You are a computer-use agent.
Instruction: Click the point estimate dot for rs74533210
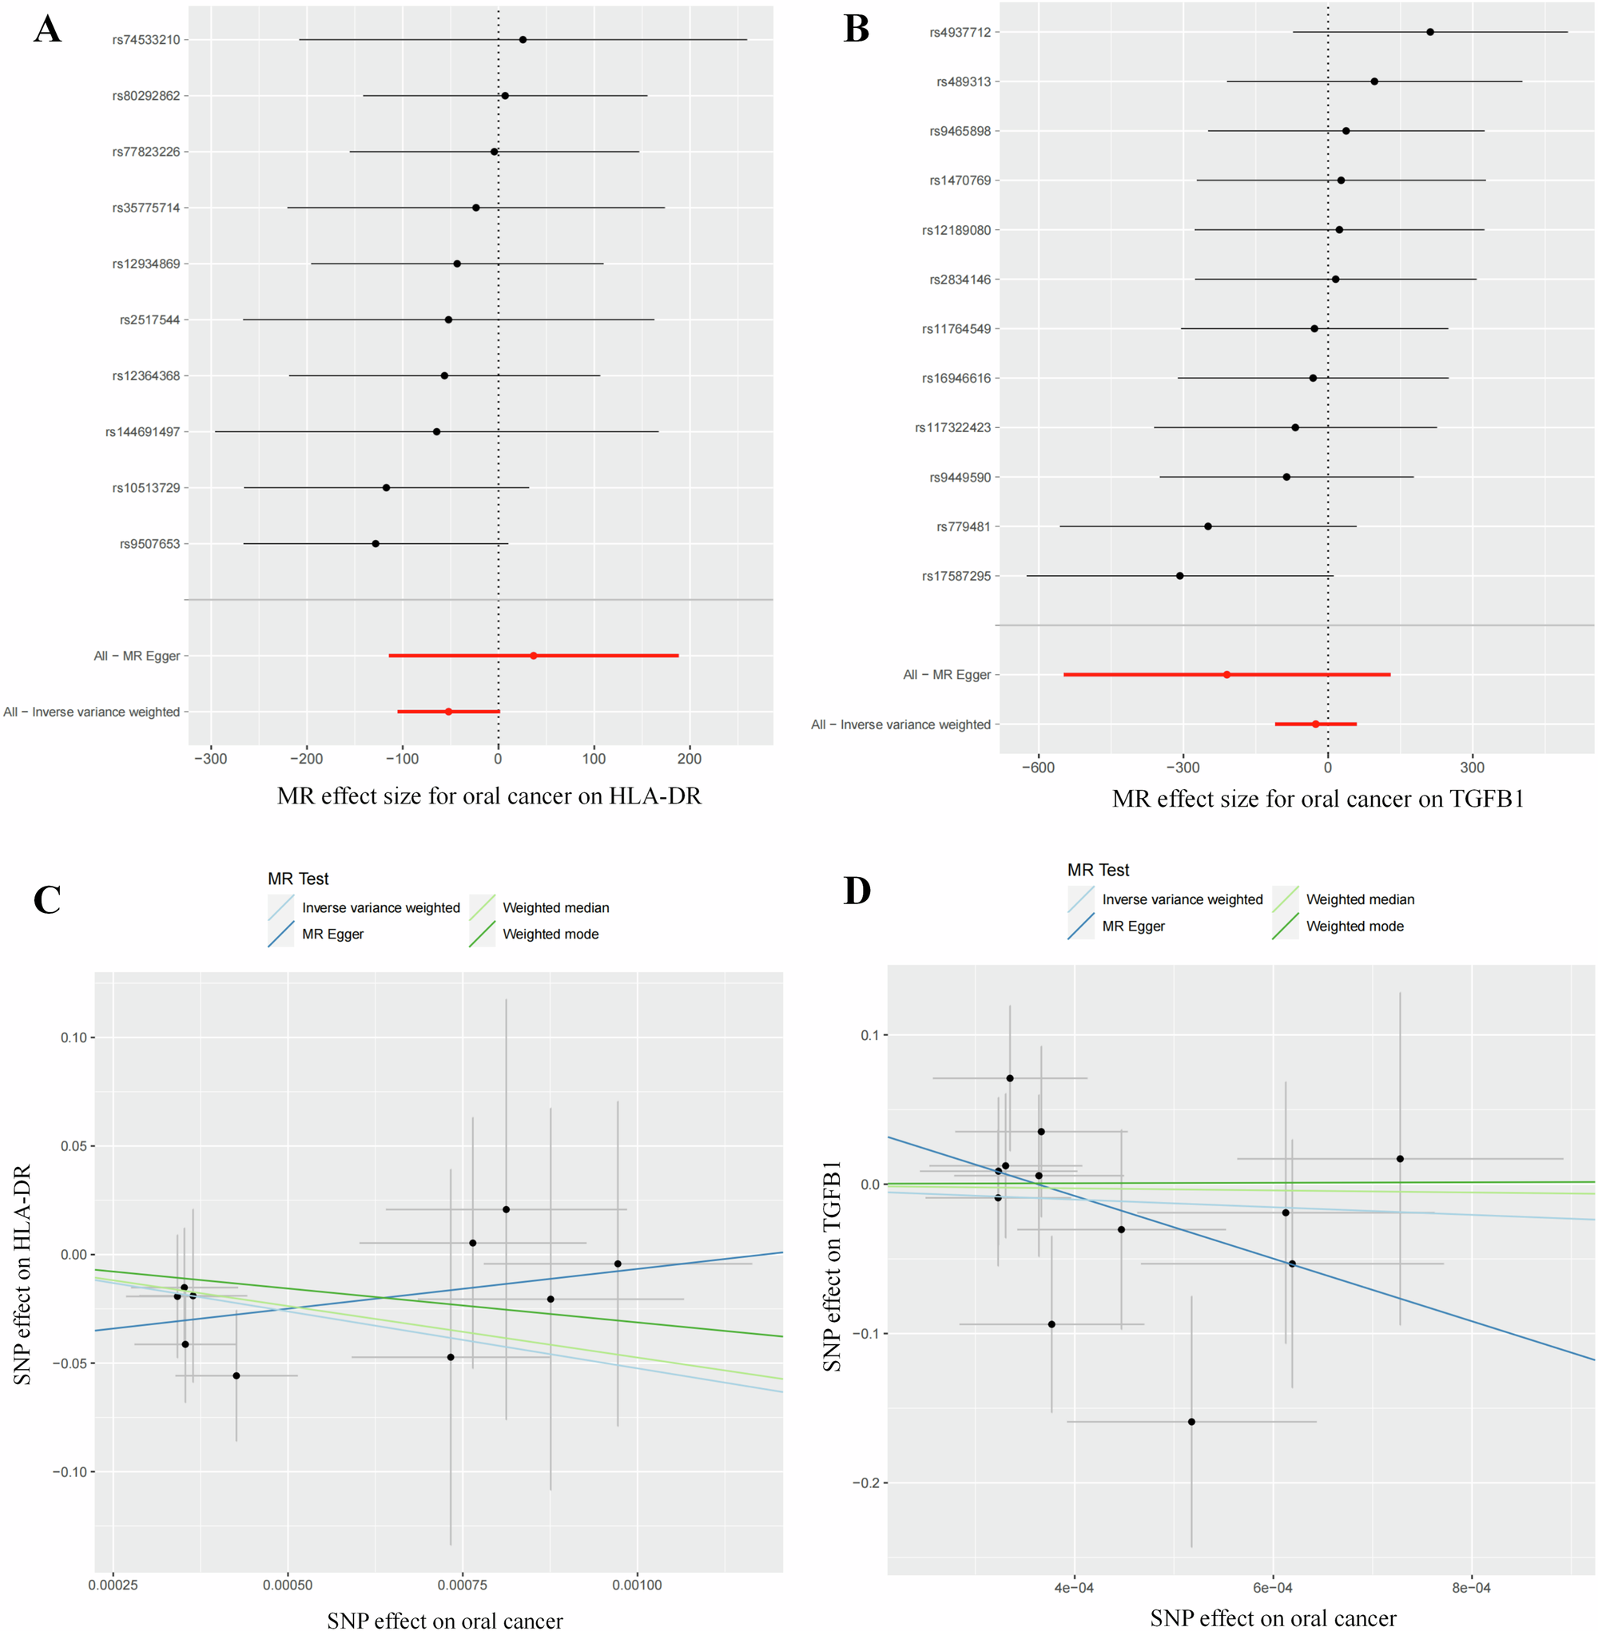[x=523, y=39]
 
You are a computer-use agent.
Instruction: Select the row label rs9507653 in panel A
[x=149, y=544]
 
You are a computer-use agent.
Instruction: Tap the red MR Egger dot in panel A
[x=534, y=655]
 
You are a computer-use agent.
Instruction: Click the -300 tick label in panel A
[x=211, y=759]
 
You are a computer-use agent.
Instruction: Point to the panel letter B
[x=856, y=29]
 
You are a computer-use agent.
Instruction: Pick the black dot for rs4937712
[x=1430, y=32]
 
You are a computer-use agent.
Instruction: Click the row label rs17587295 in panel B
[x=956, y=577]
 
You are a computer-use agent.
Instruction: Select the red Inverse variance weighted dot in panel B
[x=1315, y=724]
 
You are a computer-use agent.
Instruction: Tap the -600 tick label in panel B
[x=1037, y=767]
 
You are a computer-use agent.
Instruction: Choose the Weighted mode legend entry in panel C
[x=550, y=934]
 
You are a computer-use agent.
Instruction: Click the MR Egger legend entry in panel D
[x=1133, y=927]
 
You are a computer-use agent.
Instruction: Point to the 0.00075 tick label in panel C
[x=463, y=1585]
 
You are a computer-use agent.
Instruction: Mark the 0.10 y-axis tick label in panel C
[x=74, y=1038]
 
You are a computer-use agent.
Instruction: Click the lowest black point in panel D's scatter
[x=1191, y=1421]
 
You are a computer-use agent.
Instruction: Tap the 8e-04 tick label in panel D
[x=1471, y=1587]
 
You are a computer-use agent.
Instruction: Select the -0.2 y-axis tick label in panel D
[x=865, y=1482]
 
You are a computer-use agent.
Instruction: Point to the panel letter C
[x=47, y=899]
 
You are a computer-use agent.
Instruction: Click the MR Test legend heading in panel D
[x=1098, y=870]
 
